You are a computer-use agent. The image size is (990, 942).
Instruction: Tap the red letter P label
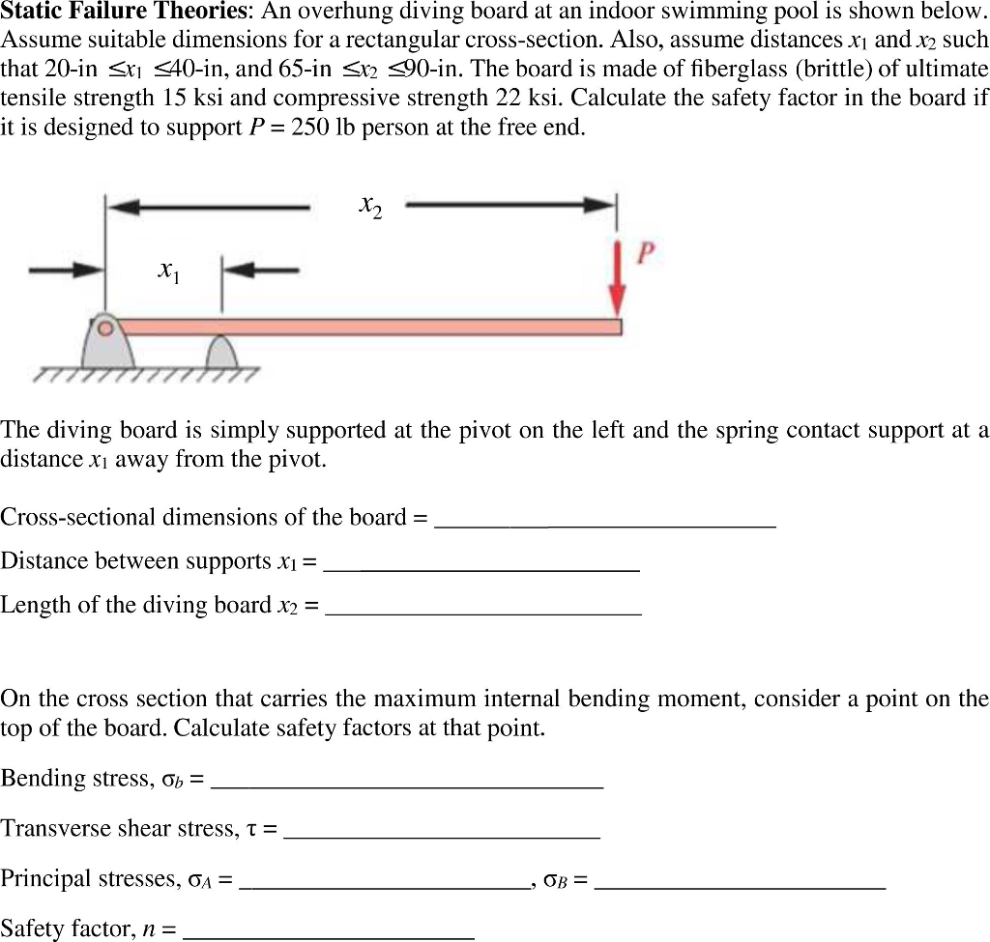tap(645, 254)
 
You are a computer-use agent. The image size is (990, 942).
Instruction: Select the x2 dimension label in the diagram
tap(370, 205)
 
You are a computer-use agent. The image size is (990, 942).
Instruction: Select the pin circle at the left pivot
tap(109, 328)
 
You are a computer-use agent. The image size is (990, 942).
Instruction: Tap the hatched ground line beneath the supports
tap(145, 376)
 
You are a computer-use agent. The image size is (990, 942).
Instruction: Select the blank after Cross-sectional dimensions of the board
tap(605, 519)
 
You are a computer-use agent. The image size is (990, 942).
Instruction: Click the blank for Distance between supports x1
tap(480, 563)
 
